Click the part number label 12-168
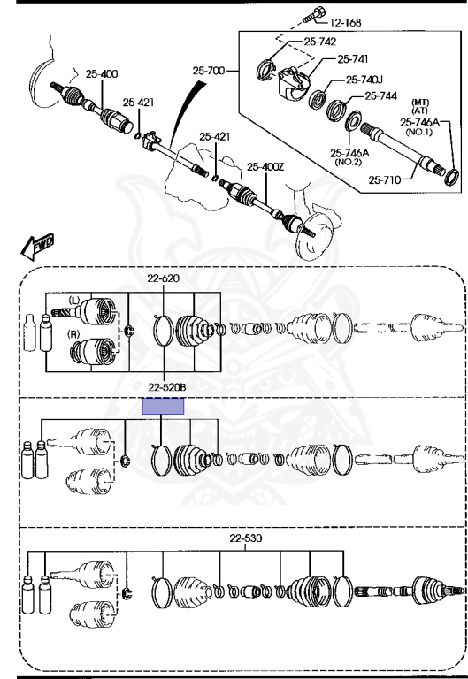tap(346, 22)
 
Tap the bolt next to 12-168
tap(314, 14)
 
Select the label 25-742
tap(319, 42)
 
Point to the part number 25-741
tap(353, 58)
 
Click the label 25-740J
tap(364, 80)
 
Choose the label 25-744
tap(381, 95)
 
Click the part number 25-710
tap(385, 179)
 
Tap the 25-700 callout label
tap(209, 70)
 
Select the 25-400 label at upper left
tap(102, 73)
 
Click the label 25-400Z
tap(265, 166)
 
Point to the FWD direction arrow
tap(37, 247)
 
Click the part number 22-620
tap(163, 278)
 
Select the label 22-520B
tap(166, 387)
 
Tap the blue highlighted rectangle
tap(164, 406)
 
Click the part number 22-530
tap(246, 538)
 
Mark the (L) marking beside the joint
tap(74, 300)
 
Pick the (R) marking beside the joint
tap(74, 334)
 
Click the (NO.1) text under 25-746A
tap(418, 132)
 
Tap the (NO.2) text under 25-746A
tap(349, 162)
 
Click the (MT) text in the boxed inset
tap(420, 103)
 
